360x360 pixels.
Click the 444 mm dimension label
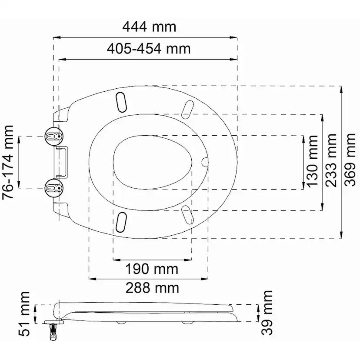click(x=149, y=27)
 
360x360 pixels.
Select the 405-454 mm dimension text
click(x=149, y=49)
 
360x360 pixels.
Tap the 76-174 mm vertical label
click(x=8, y=162)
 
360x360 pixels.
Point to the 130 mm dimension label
click(x=313, y=161)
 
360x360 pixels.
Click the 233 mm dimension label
click(x=331, y=160)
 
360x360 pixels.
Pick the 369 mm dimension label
click(x=350, y=160)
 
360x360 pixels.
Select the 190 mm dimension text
click(x=152, y=269)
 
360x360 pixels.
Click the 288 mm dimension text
click(x=152, y=288)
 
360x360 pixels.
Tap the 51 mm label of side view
click(x=24, y=314)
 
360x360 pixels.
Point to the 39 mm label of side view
click(x=267, y=313)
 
